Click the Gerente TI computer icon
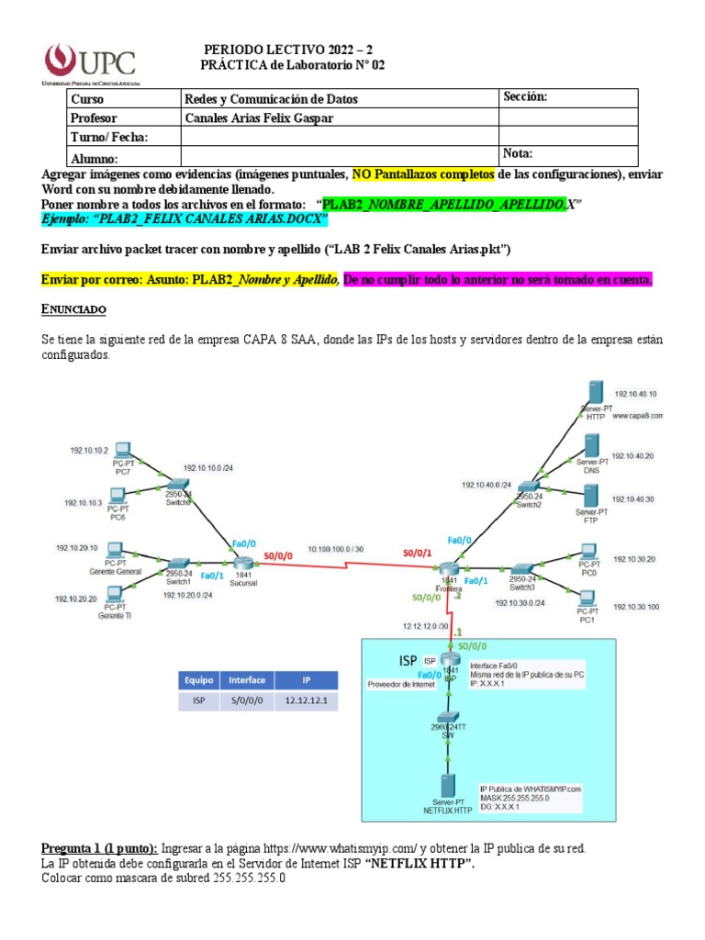(114, 594)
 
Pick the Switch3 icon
(521, 570)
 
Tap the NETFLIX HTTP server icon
(448, 787)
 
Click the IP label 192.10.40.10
(635, 394)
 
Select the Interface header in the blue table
(247, 680)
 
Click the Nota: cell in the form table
(518, 154)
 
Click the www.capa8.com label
(638, 415)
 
